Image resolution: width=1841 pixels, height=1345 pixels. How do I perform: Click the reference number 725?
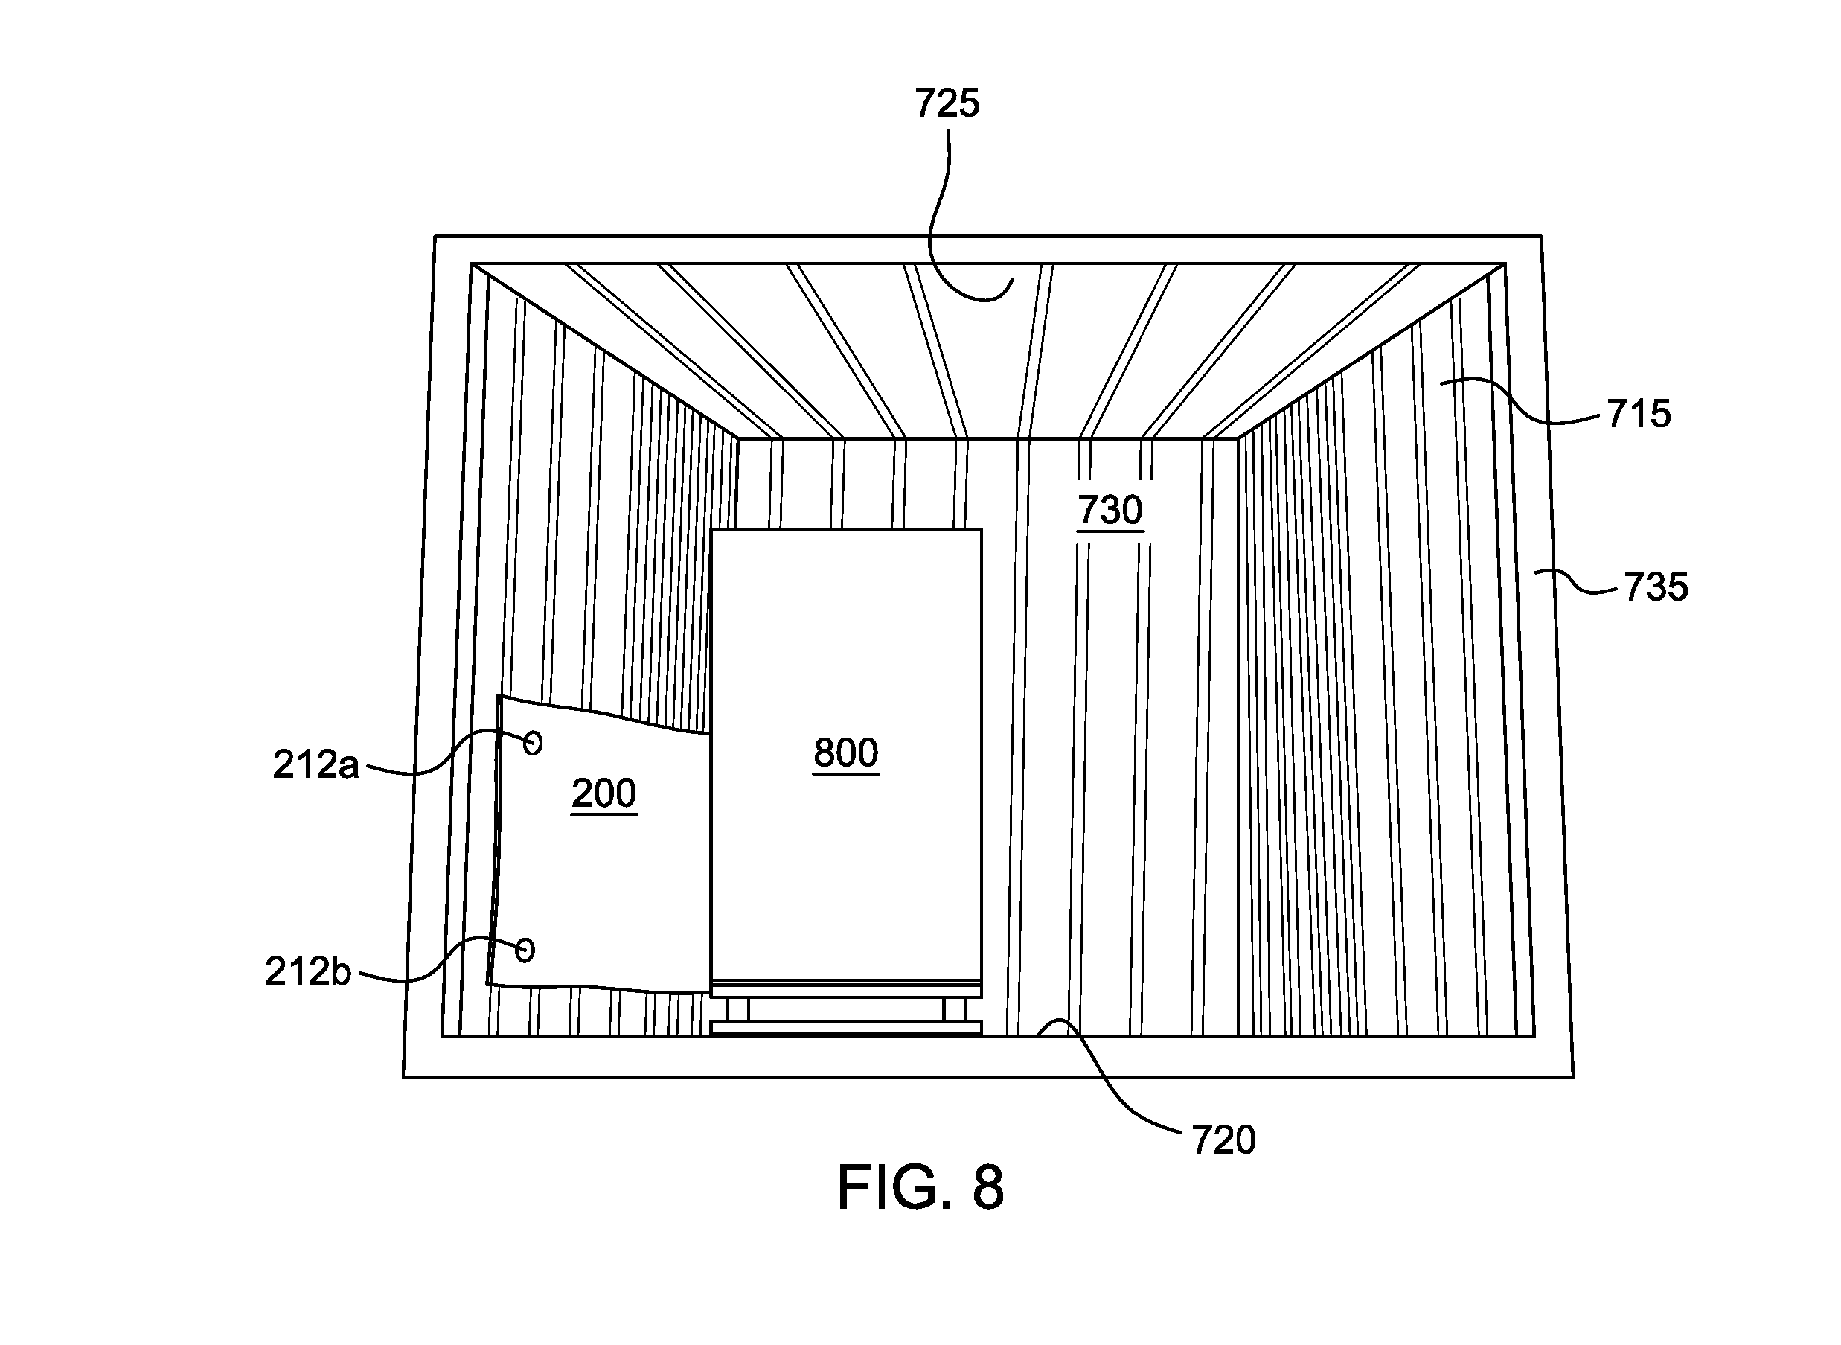pyautogui.click(x=947, y=104)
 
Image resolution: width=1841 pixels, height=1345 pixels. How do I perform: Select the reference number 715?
pyautogui.click(x=1639, y=415)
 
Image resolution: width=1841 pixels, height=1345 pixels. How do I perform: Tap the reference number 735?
pyautogui.click(x=1656, y=587)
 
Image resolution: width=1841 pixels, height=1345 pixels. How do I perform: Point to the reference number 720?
pyautogui.click(x=1223, y=1140)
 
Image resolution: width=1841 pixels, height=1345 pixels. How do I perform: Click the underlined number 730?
pyautogui.click(x=1110, y=511)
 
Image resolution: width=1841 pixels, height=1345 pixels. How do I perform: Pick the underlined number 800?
pyautogui.click(x=845, y=753)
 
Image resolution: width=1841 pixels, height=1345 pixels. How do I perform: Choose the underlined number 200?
pyautogui.click(x=603, y=793)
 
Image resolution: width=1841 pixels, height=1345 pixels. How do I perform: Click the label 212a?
pyautogui.click(x=315, y=764)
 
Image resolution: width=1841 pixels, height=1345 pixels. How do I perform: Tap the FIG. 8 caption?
pyautogui.click(x=920, y=1188)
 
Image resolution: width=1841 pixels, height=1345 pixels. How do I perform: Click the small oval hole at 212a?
pyautogui.click(x=533, y=743)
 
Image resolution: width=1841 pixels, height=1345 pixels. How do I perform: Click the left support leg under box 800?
pyautogui.click(x=738, y=1009)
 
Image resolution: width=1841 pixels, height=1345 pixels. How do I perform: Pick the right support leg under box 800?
pyautogui.click(x=954, y=1009)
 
